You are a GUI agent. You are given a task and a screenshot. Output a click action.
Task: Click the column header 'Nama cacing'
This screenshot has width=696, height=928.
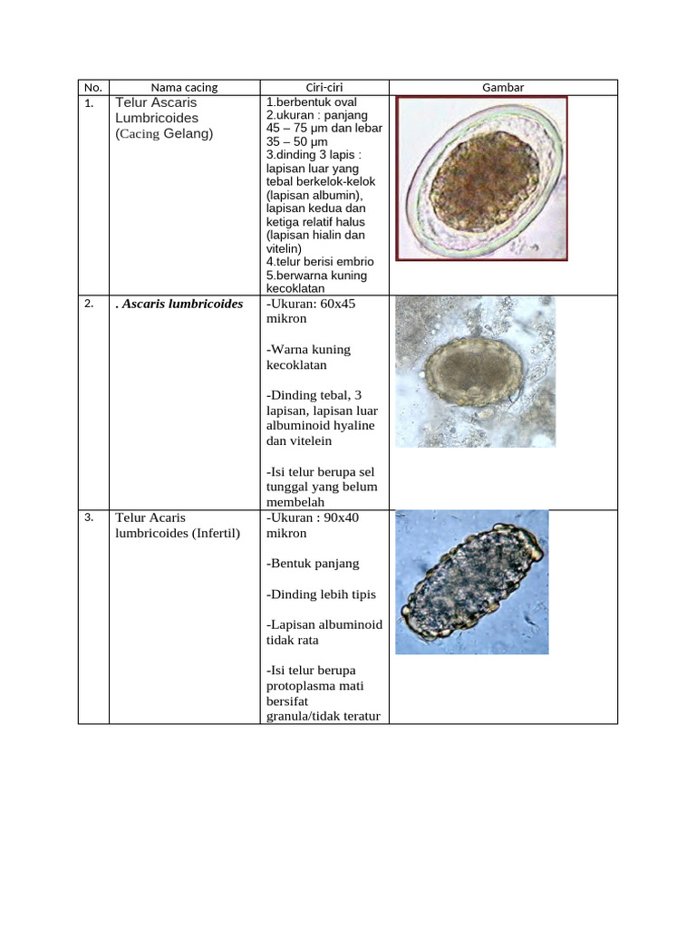coord(184,88)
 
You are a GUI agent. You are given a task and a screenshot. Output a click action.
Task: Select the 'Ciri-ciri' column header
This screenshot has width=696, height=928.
coord(324,88)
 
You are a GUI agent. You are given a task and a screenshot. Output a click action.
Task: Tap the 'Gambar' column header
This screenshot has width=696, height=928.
coord(503,88)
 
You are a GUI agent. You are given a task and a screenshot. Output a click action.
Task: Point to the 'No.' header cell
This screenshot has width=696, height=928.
coord(92,88)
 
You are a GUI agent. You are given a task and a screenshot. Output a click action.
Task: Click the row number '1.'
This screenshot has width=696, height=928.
coord(89,104)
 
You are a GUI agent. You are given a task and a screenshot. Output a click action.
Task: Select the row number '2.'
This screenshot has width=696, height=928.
coord(89,304)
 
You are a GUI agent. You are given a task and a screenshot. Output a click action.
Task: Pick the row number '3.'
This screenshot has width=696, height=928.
coord(89,517)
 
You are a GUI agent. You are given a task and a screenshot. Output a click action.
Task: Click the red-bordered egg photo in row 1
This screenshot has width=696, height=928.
coord(482,179)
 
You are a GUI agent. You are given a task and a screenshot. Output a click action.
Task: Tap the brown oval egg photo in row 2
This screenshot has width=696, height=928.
coord(475,372)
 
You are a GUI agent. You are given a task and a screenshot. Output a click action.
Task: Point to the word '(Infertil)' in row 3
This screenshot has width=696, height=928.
coord(215,533)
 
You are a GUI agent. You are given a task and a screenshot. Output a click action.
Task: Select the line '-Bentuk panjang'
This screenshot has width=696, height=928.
coord(313,563)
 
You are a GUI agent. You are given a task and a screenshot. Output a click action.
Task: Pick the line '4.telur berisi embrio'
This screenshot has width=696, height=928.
coord(320,262)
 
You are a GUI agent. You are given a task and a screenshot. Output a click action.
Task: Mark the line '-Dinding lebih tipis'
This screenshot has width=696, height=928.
coord(321,594)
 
